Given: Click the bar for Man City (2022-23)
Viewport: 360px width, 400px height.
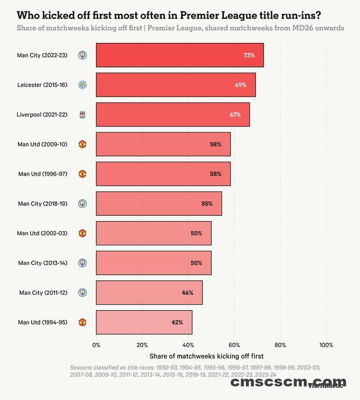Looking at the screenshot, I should (x=179, y=56).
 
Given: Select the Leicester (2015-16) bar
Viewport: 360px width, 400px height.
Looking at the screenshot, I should (x=176, y=85).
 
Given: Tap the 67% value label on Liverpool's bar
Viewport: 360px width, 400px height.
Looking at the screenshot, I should (x=235, y=115).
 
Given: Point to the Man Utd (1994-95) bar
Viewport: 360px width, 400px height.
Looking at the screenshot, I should (x=144, y=322).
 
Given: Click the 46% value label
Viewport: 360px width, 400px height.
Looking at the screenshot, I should (x=188, y=293).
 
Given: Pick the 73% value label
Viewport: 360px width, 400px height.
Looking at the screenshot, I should (x=249, y=56).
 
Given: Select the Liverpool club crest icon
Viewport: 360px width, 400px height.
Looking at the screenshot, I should (x=82, y=115).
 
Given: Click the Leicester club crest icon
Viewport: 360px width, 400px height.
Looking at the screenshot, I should (x=82, y=85).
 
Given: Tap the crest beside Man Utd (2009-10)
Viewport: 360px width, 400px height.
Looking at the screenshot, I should (x=82, y=144).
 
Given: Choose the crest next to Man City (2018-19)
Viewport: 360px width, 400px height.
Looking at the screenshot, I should (x=82, y=204).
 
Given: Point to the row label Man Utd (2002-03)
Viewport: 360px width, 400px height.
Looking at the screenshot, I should (x=43, y=233).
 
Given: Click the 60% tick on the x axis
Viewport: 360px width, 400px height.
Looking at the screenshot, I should (x=234, y=345).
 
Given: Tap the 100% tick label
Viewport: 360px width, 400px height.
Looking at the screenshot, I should (x=326, y=345).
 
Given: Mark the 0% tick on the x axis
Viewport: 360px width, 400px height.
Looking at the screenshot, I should (x=97, y=345).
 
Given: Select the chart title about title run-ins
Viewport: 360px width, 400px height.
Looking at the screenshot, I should (x=169, y=15).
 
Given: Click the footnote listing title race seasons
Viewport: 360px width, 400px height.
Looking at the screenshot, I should (x=180, y=371).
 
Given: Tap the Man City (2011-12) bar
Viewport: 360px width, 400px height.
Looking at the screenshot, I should (x=149, y=293).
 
